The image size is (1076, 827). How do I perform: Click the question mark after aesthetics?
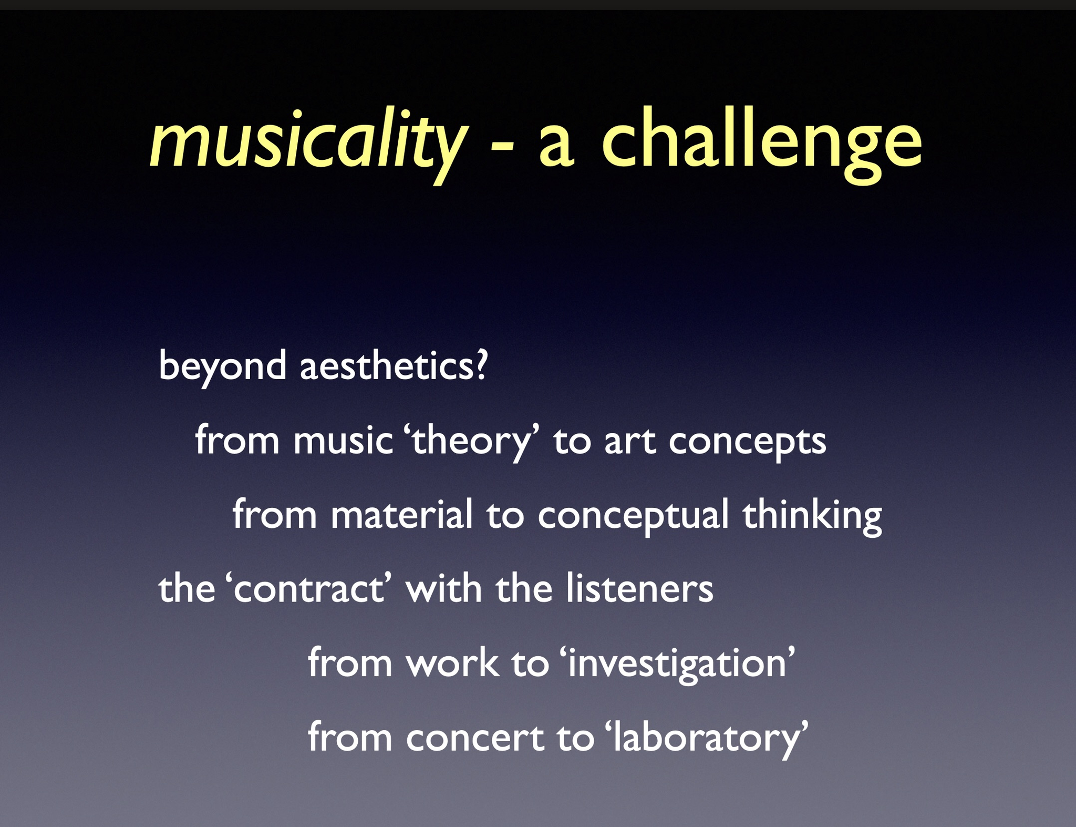tap(480, 365)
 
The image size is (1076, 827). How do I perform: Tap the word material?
tap(402, 514)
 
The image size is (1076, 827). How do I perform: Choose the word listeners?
tap(639, 588)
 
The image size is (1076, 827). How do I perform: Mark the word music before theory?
tap(343, 441)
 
